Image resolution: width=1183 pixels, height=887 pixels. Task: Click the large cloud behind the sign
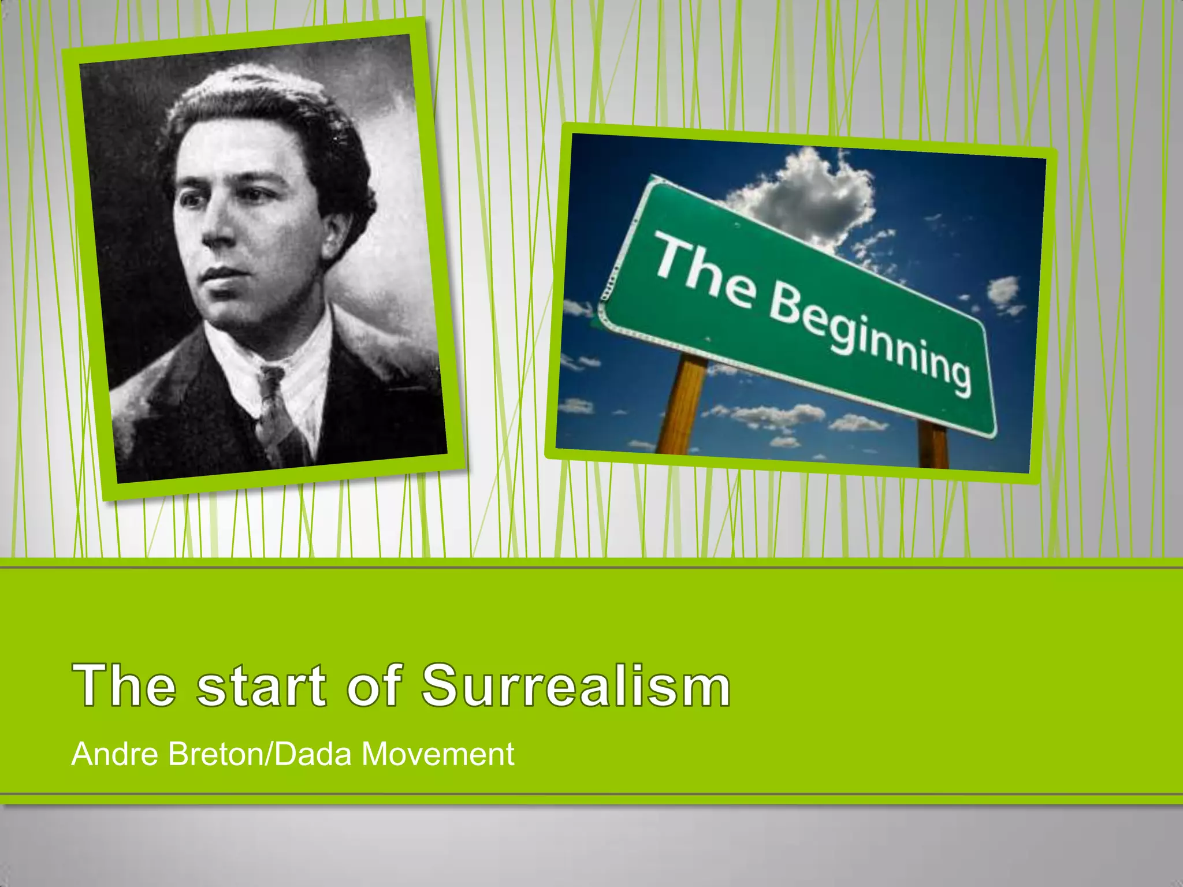coord(809,191)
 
